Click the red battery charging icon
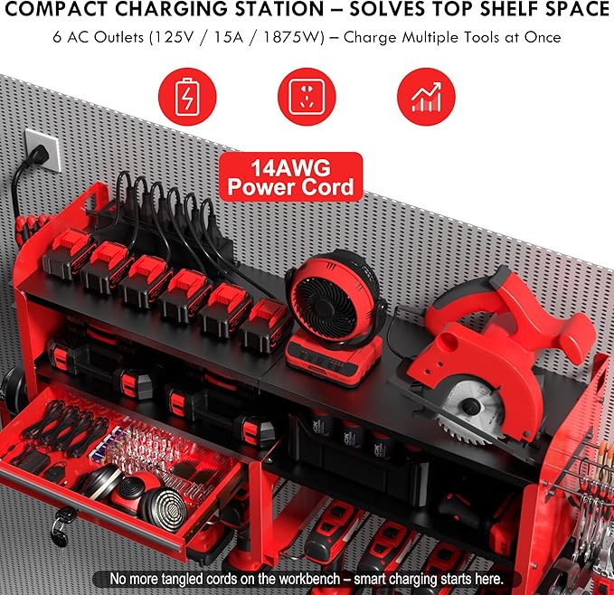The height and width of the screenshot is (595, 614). pyautogui.click(x=186, y=95)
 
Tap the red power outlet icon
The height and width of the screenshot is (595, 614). pyautogui.click(x=306, y=95)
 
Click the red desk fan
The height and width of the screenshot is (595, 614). pyautogui.click(x=325, y=285)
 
